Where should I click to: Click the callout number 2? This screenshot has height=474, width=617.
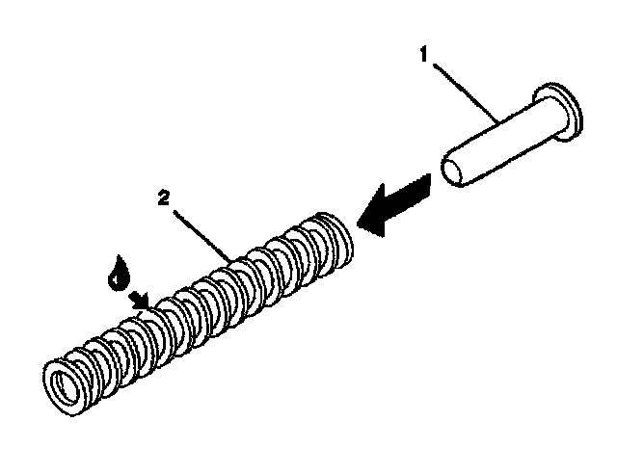[166, 199]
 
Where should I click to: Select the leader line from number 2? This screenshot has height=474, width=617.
[201, 228]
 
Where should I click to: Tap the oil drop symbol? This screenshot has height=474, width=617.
[119, 274]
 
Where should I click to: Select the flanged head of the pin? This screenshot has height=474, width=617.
[557, 109]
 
